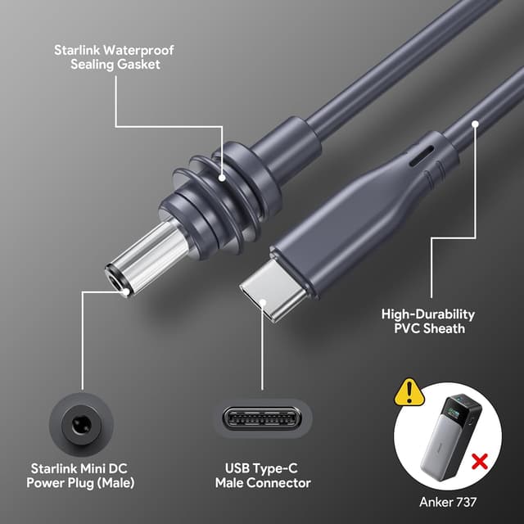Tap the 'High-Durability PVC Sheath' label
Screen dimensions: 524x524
[428, 321]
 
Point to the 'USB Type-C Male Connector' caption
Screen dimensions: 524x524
[262, 476]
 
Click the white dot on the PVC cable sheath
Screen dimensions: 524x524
[477, 124]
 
